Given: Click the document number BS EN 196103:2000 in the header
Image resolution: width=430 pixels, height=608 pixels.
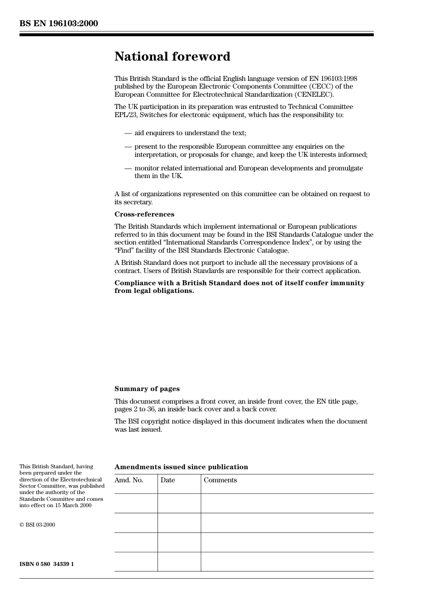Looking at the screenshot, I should coord(58,24).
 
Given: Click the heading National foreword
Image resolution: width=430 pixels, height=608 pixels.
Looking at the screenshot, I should coord(172,57).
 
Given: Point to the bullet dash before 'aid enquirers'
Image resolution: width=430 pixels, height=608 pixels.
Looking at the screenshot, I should coord(128,133).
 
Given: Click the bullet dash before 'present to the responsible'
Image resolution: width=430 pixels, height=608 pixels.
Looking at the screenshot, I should coord(128,146).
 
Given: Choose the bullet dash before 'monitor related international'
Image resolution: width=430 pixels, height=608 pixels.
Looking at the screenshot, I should coord(128,168).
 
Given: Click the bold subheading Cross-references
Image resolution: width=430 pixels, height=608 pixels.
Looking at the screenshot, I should coord(144,214).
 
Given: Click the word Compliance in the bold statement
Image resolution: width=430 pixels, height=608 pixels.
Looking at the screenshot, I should coord(135,283).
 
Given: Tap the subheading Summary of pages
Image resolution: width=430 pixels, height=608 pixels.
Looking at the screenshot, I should coord(147,389).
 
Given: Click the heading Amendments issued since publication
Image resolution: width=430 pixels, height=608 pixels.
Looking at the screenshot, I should coord(181,467).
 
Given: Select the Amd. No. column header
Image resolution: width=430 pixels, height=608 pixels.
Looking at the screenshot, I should coord(129,480).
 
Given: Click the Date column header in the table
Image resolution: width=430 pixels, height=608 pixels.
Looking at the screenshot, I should coord(167,480).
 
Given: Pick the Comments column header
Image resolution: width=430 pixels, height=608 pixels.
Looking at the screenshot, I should coord(220,480).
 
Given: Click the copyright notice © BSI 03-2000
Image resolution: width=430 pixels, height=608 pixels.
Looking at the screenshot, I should coord(37,525).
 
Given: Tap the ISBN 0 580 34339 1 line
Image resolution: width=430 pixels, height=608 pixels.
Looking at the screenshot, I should coord(47,564).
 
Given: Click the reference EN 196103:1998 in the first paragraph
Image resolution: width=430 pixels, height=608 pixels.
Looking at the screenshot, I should coord(333,79).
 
